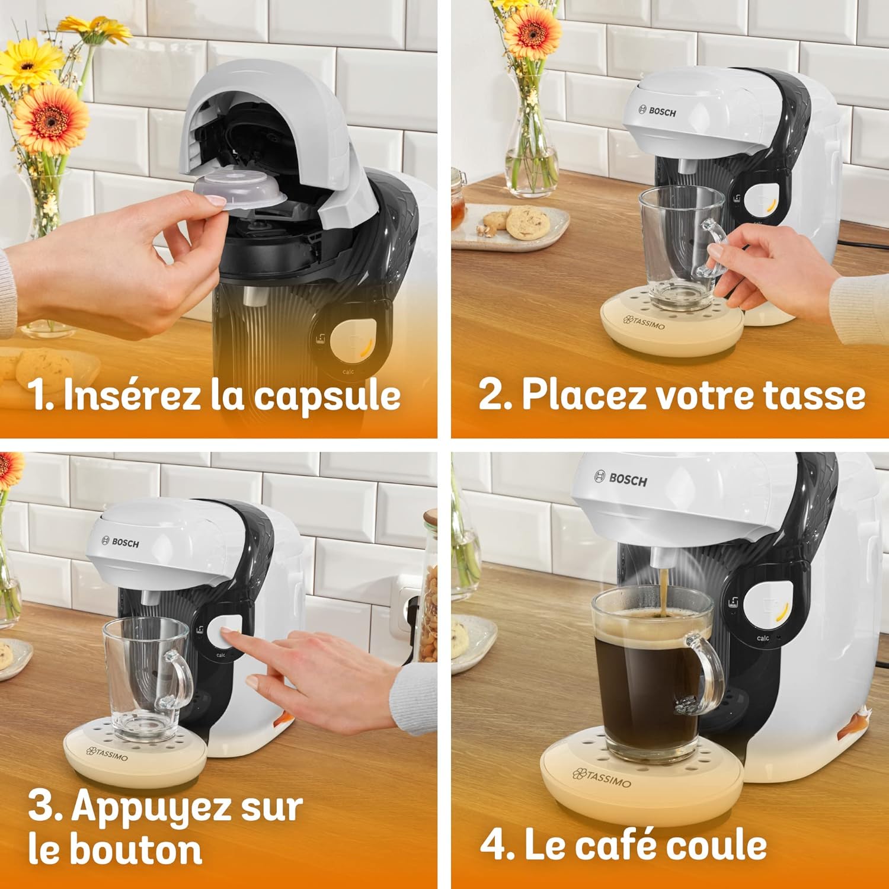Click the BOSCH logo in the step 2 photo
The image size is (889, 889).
pos(657,111)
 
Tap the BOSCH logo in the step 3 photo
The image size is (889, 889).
pos(121,542)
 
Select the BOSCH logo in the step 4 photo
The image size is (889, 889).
pos(621,479)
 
